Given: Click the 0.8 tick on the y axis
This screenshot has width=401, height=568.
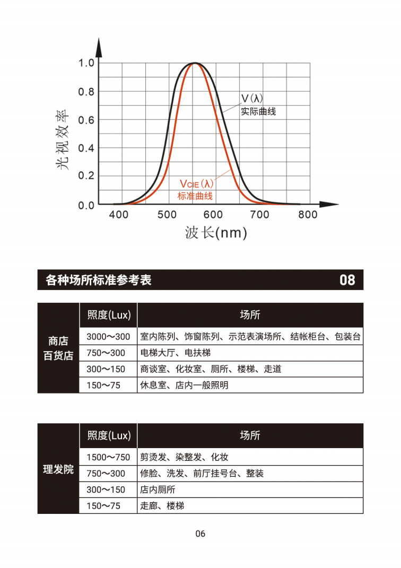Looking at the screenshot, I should pos(86,92).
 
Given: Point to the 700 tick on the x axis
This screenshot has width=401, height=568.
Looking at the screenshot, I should pos(259,214).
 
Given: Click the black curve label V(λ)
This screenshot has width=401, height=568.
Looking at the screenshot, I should pos(252,99).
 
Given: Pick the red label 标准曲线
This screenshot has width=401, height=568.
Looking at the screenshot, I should pos(195,196).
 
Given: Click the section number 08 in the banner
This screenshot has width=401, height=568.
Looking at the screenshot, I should pos(347,280).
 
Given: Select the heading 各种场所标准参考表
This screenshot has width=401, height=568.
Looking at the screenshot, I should pos(99,280).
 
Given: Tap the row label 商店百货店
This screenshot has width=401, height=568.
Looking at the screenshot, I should pos(58,348).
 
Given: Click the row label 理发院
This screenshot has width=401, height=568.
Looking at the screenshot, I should pos(58,469).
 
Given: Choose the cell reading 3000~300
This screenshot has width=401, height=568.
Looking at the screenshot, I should pos(108,337).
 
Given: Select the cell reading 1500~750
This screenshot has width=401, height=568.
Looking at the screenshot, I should pos(108,457).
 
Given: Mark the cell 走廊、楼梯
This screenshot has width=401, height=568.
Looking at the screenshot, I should pos(162,505).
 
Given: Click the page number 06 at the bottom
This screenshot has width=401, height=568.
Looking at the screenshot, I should pos(200,534).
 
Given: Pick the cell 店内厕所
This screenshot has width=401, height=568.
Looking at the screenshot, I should pos(158,490).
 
